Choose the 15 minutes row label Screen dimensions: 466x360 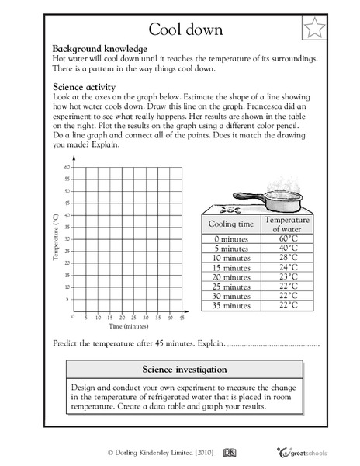(230, 267)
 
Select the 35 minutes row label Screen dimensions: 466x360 (230, 304)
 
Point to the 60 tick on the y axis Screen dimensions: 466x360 (68, 167)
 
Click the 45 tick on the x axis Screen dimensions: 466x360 (181, 318)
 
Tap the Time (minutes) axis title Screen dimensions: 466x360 (129, 326)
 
